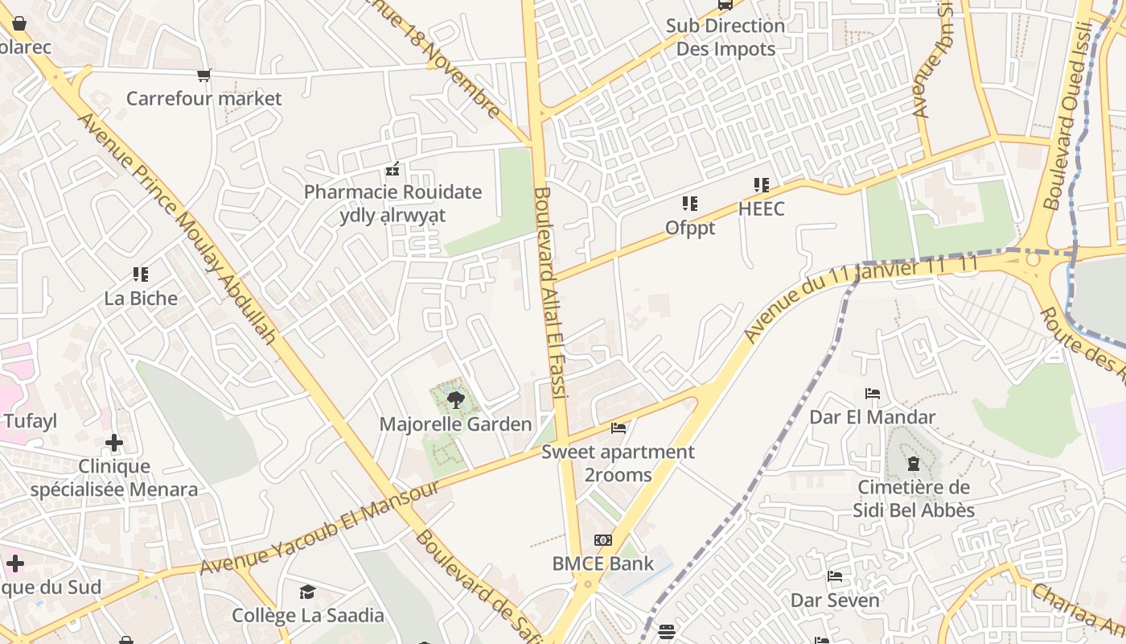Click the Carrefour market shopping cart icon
[203, 75]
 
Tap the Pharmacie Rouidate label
[392, 192]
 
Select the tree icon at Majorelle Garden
[455, 399]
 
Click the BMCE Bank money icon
[602, 540]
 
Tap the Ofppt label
[689, 229]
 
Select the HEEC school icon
[761, 185]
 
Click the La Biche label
[141, 299]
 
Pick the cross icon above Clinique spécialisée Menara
[114, 442]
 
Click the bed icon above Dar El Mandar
[872, 394]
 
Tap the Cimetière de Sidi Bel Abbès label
[914, 499]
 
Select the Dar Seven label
[835, 601]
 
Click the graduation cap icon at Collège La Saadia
[307, 592]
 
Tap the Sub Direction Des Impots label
[725, 37]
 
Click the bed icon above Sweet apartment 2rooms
[618, 427]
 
